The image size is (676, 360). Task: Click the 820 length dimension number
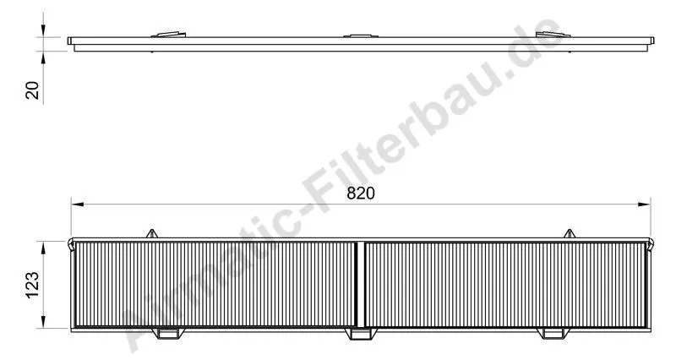pos(361,193)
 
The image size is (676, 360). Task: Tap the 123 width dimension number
pos(30,284)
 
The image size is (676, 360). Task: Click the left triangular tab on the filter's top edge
pos(152,232)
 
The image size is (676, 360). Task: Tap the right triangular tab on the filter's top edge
pos(569,232)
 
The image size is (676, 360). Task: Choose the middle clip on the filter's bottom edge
pos(361,335)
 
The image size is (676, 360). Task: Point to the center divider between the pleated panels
pos(361,285)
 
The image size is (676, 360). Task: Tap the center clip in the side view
pos(361,35)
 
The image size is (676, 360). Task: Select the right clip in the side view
pos(555,35)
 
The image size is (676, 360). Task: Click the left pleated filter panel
pos(216,285)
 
